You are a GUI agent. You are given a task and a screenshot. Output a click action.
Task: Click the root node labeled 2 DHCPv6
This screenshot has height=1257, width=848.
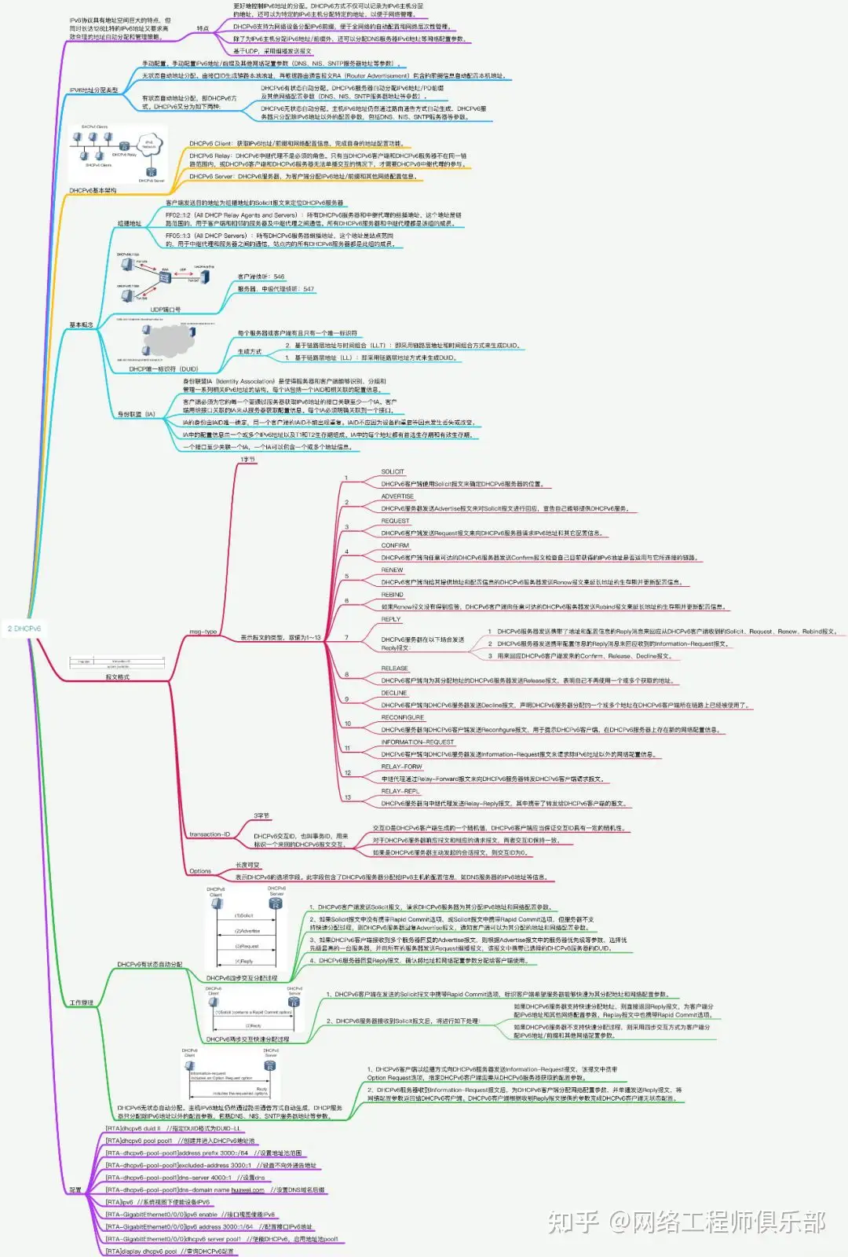(24, 628)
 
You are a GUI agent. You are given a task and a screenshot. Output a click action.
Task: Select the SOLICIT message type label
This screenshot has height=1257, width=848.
(393, 472)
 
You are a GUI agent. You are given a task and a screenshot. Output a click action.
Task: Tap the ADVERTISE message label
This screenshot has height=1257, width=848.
(397, 497)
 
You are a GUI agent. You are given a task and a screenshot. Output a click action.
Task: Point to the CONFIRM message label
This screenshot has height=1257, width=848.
(395, 545)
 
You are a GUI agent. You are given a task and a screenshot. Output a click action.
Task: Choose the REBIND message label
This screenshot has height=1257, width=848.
(393, 595)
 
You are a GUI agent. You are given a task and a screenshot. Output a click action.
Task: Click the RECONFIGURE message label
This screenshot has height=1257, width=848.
(402, 717)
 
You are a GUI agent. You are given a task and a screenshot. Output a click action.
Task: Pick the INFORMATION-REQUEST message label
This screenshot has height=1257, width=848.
(418, 742)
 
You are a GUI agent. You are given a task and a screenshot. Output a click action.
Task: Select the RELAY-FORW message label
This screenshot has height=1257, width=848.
(401, 767)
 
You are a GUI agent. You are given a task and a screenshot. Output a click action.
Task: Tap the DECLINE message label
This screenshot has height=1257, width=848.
(394, 693)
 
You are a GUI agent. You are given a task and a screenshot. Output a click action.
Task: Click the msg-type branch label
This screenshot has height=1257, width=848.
(203, 632)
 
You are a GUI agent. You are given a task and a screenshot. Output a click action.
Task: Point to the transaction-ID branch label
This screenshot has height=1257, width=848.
(210, 834)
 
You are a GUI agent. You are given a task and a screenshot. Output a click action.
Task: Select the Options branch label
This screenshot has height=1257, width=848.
(200, 871)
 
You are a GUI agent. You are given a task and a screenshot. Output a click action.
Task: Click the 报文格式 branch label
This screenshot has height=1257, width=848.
(118, 677)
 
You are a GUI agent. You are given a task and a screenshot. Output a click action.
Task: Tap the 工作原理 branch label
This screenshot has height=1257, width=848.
(82, 1002)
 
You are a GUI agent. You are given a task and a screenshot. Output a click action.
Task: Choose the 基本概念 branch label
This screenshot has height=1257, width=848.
(82, 324)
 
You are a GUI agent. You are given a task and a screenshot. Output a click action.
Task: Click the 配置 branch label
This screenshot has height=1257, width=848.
(75, 1190)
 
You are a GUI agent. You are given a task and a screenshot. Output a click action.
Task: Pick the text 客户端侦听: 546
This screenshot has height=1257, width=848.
(261, 277)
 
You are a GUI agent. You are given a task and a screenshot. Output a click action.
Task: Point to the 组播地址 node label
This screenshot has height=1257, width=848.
(130, 224)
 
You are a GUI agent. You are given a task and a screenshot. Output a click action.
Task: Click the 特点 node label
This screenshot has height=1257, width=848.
(203, 29)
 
